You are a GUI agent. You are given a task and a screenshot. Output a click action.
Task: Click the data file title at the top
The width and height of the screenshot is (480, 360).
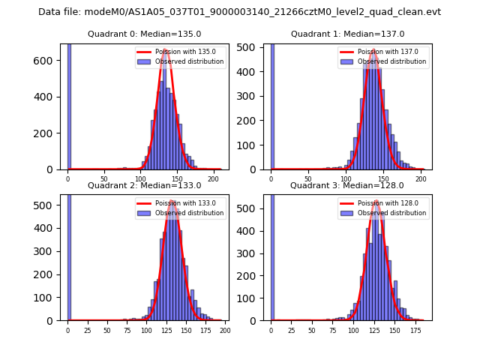tap(239, 12)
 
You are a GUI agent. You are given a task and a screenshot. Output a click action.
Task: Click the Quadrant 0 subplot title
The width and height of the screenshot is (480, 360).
tap(144, 34)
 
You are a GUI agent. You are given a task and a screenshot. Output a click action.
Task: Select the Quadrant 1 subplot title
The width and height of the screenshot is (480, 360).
tap(347, 34)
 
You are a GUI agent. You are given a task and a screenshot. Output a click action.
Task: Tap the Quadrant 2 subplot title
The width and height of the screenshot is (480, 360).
tap(144, 185)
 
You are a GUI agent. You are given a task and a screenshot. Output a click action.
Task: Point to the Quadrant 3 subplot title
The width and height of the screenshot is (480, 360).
tap(347, 185)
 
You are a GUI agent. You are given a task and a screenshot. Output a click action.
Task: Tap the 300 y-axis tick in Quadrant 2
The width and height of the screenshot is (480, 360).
tap(46, 251)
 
